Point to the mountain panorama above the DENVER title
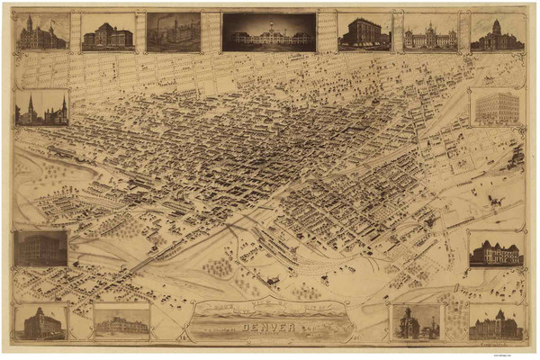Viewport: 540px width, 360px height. [269, 311]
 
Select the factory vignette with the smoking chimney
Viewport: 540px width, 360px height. [174, 31]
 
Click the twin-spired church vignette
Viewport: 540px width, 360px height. [41, 108]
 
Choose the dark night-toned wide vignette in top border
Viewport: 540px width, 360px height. [269, 31]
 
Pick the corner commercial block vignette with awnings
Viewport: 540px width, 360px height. [364, 32]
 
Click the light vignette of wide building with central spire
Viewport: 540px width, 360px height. [430, 33]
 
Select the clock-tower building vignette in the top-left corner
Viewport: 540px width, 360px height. [41, 32]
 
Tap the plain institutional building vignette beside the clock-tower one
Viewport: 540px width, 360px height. [107, 33]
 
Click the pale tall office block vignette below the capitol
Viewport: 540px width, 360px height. [497, 108]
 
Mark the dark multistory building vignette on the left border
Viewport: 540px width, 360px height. [40, 248]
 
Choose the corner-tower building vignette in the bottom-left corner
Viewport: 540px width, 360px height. [41, 322]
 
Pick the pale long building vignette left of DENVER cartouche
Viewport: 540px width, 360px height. [121, 321]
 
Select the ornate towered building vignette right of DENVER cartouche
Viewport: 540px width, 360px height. [416, 322]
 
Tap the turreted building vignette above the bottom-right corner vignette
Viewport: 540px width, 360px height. [495, 249]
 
